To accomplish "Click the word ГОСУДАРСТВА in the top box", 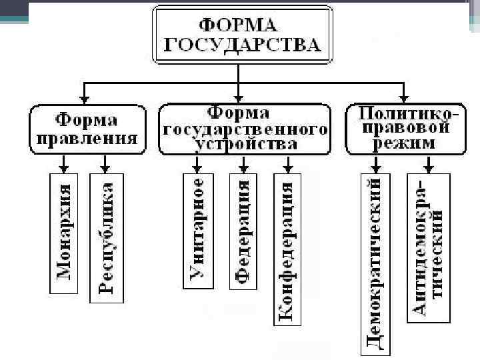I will (243, 45).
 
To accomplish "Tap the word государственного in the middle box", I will (245, 129).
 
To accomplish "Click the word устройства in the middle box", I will (245, 143).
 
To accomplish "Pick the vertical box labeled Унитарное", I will (197, 230).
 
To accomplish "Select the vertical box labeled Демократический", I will (375, 262).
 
